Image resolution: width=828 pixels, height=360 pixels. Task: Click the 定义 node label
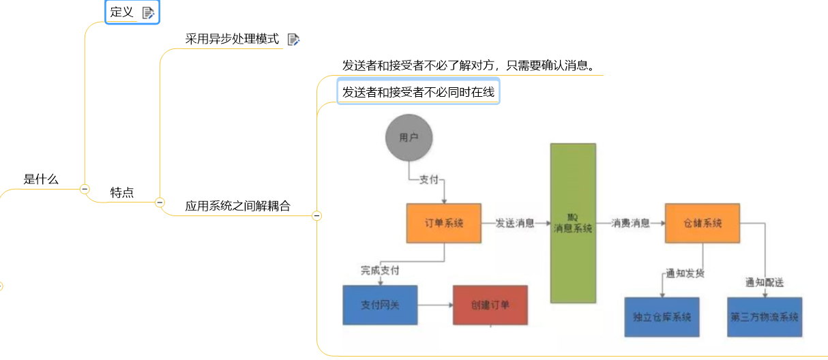[x=122, y=12]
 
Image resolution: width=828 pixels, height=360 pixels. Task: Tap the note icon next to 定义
[x=148, y=12]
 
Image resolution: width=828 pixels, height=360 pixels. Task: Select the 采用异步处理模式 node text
[x=232, y=39]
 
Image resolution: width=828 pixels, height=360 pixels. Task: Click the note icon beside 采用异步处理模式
[x=293, y=40]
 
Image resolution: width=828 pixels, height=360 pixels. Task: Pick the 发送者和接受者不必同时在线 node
[x=418, y=92]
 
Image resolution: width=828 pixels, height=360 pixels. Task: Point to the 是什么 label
[x=41, y=179]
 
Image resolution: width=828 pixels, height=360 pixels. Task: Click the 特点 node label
[x=122, y=193]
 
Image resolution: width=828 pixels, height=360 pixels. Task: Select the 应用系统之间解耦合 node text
[x=237, y=206]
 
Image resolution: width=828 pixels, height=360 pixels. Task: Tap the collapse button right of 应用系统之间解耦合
[x=316, y=216]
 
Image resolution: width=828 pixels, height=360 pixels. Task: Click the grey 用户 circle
[x=409, y=138]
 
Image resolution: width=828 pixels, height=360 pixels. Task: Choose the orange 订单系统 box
[x=443, y=223]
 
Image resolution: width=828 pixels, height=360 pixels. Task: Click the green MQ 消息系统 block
[x=573, y=223]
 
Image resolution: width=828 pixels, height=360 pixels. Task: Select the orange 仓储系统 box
[x=703, y=223]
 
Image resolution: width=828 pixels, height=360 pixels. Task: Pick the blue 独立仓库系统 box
[x=662, y=317]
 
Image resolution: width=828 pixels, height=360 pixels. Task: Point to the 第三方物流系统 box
[x=765, y=317]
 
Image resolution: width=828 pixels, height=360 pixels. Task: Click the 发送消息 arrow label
[x=515, y=223]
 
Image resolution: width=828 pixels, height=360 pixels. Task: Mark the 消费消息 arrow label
[x=630, y=223]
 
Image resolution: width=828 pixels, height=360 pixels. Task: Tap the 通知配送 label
[x=765, y=282]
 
